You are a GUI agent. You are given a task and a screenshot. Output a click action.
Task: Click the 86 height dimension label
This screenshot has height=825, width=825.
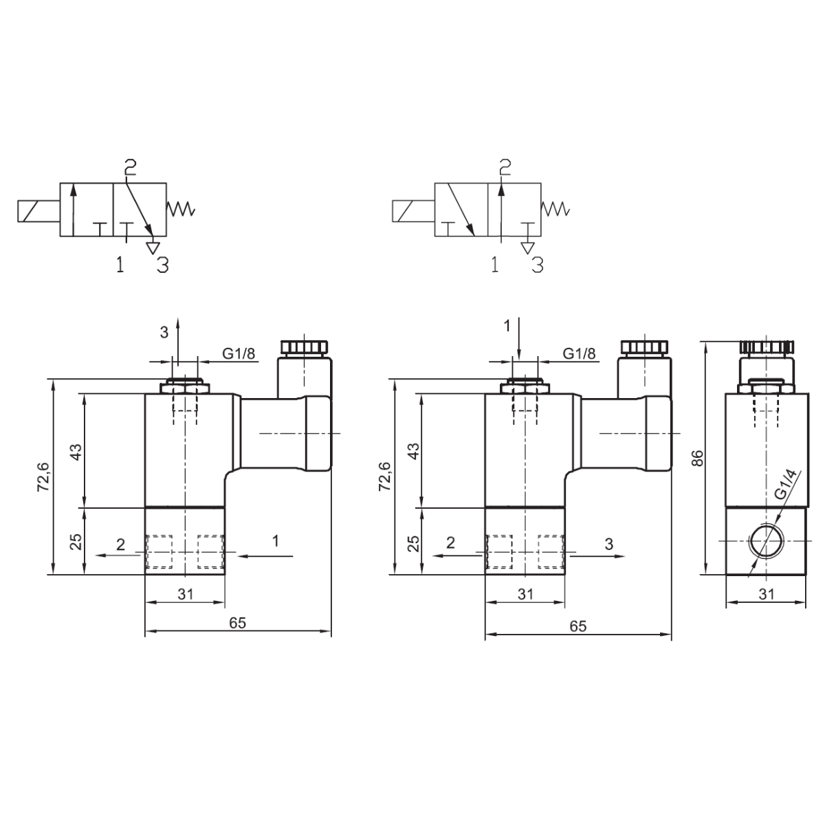pyautogui.click(x=697, y=458)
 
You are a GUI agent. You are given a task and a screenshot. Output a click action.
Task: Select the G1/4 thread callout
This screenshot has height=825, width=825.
pyautogui.click(x=786, y=484)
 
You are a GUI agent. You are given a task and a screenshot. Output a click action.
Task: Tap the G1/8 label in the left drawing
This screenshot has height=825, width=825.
pyautogui.click(x=239, y=353)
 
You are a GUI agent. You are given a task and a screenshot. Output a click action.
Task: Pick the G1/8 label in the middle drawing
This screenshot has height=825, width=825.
pyautogui.click(x=579, y=353)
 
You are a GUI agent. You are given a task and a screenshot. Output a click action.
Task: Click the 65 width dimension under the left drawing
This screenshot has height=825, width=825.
pyautogui.click(x=238, y=623)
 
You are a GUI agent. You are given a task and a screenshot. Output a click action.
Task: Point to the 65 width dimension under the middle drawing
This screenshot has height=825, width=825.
pyautogui.click(x=578, y=626)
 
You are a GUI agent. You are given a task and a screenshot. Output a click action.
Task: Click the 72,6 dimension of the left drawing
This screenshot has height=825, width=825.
pyautogui.click(x=44, y=476)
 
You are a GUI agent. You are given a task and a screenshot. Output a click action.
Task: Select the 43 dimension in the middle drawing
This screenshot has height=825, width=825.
pyautogui.click(x=414, y=451)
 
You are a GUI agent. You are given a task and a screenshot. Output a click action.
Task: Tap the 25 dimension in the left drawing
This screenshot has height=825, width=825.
pyautogui.click(x=76, y=542)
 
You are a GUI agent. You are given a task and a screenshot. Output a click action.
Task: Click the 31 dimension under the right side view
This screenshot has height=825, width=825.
pyautogui.click(x=767, y=594)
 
